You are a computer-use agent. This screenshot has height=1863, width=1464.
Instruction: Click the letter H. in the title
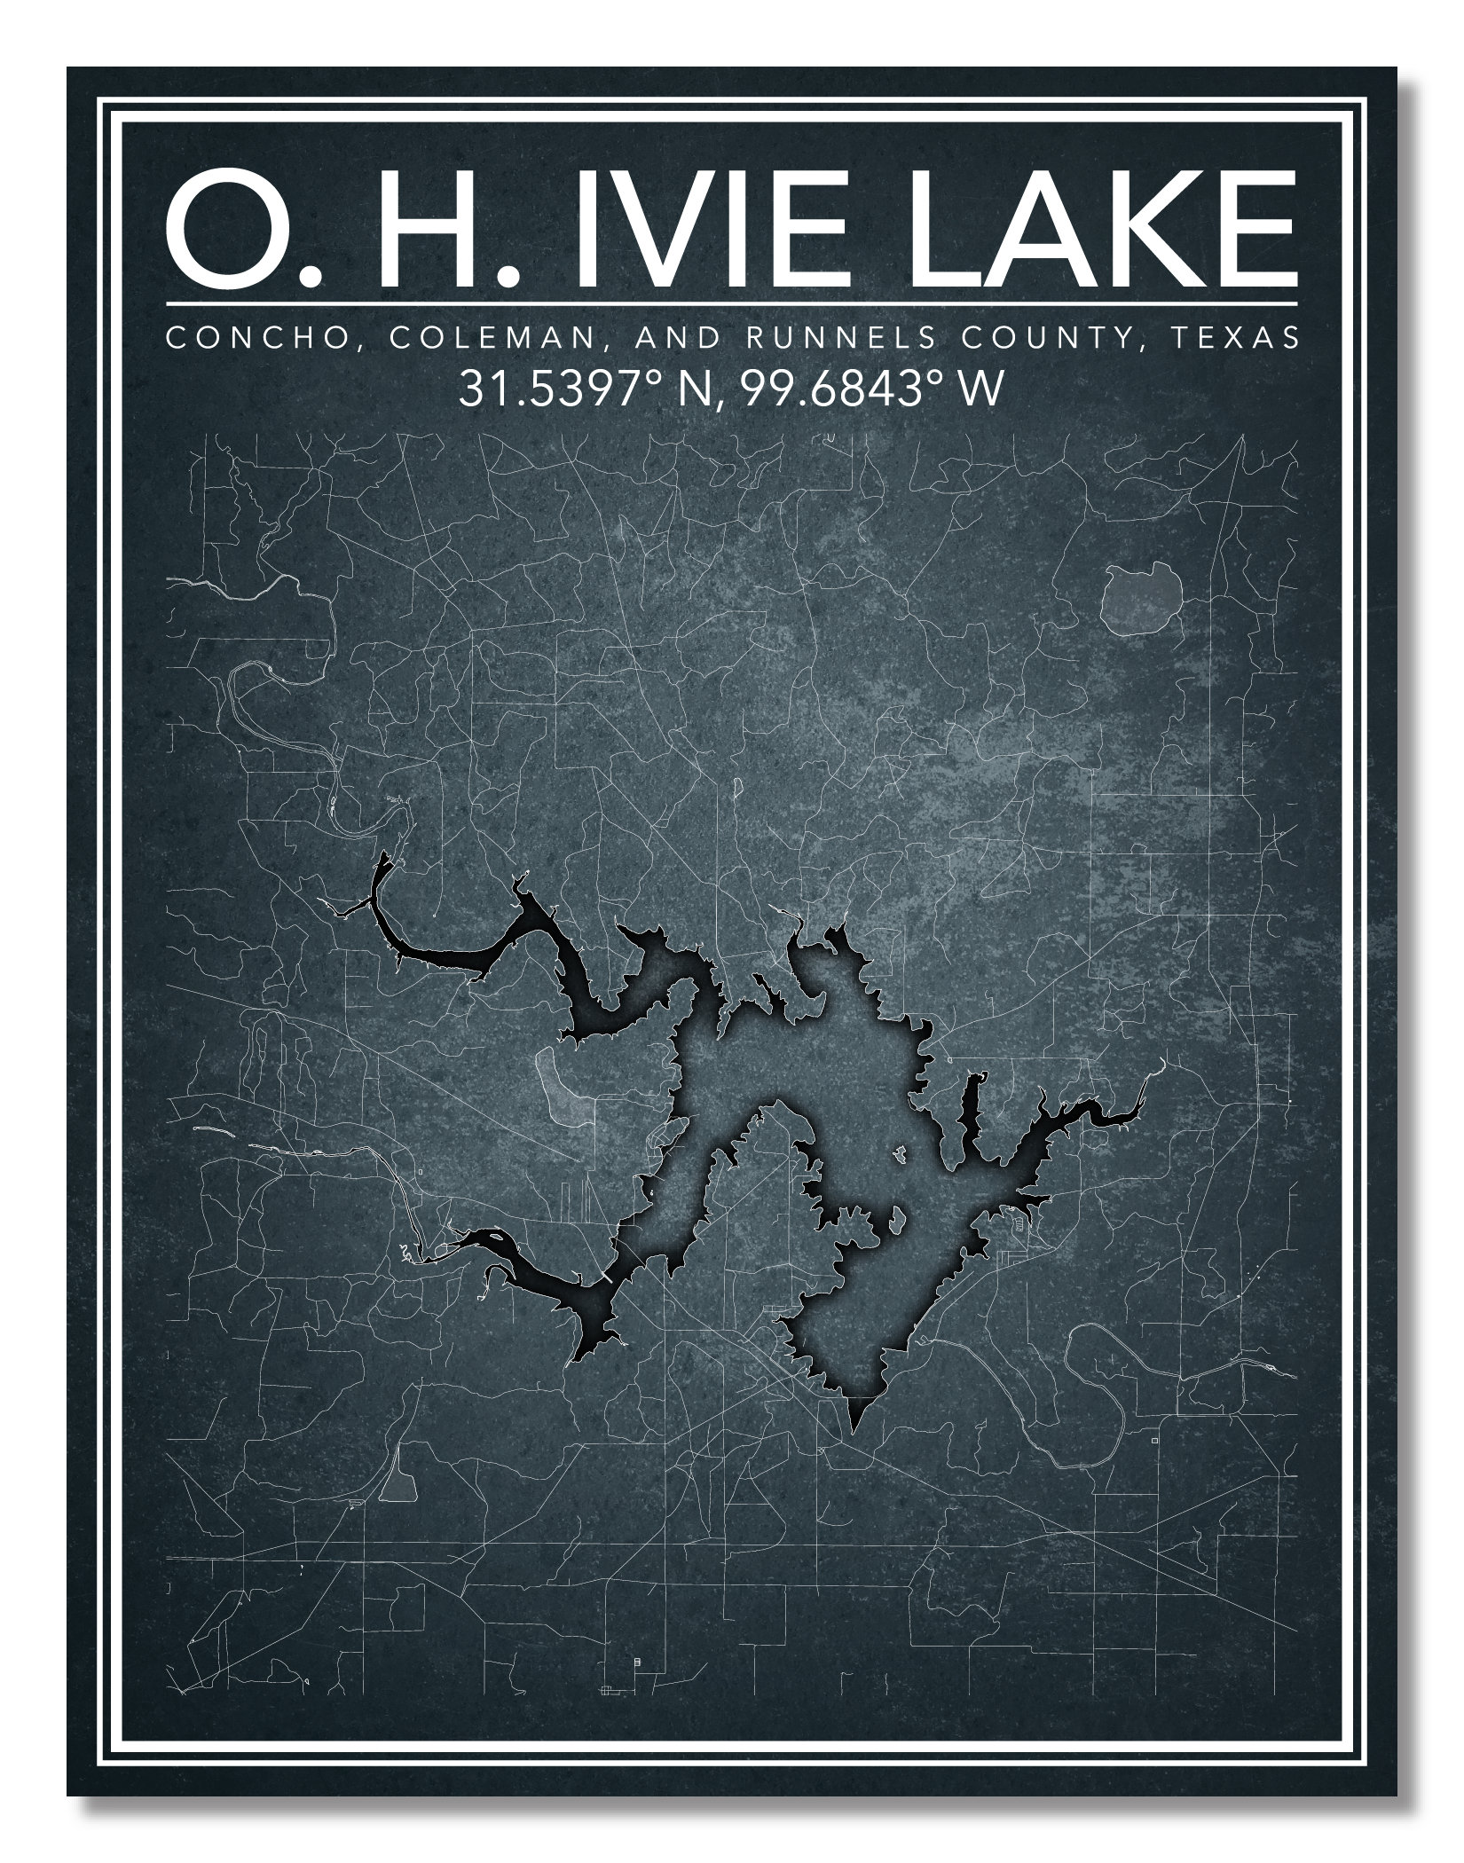click(440, 232)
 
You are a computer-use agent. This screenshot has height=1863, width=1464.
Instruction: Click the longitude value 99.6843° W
click(873, 390)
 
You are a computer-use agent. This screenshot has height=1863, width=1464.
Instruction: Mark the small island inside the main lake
click(899, 1154)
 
